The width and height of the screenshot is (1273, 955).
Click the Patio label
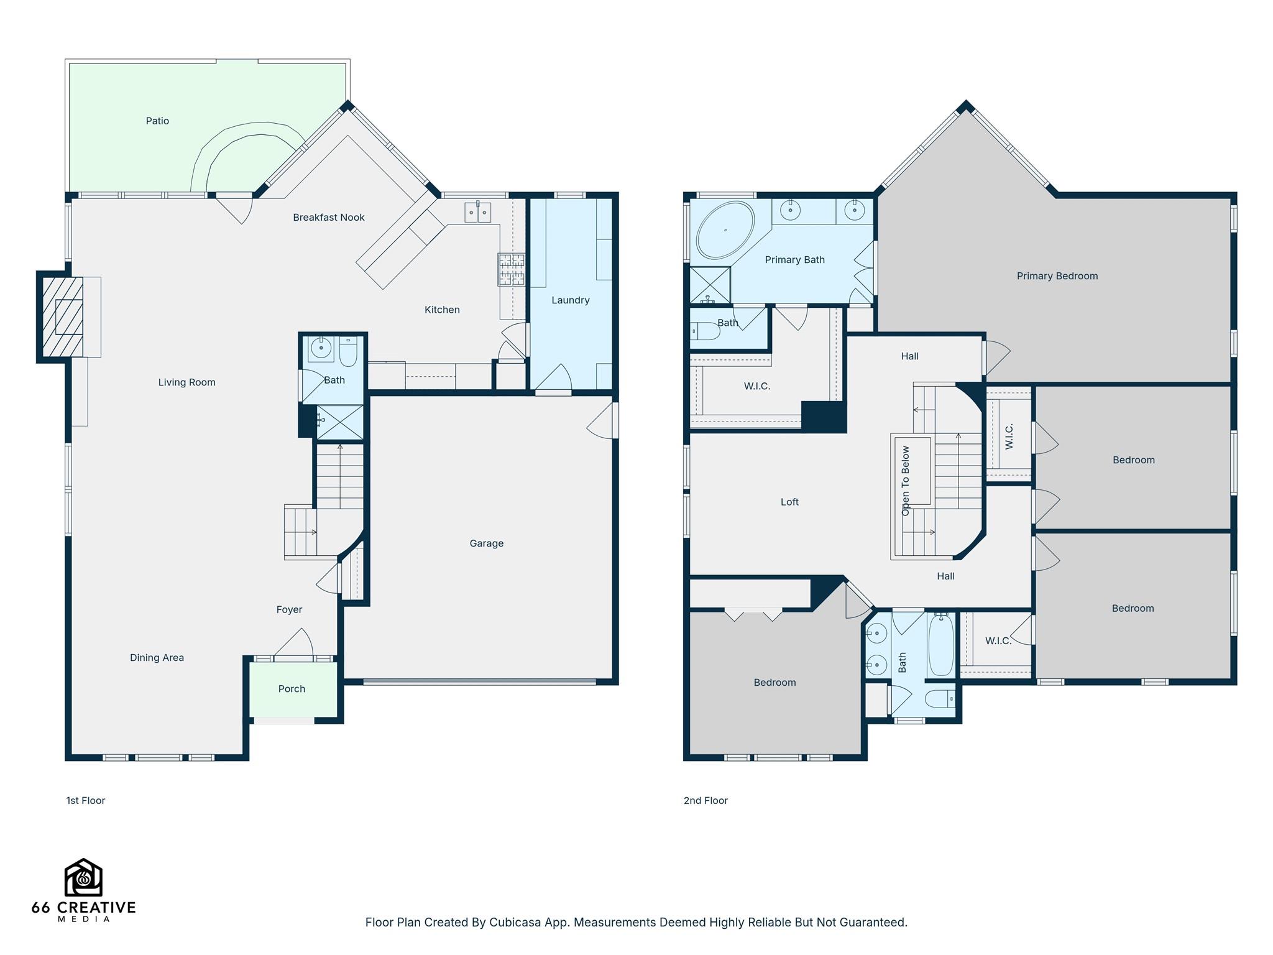click(157, 121)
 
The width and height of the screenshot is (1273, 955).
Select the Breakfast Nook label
click(328, 218)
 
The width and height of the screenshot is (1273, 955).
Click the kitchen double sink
click(478, 213)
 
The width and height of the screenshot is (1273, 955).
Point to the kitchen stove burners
click(511, 269)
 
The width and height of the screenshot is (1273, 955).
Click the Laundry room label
click(570, 300)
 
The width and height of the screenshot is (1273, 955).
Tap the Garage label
click(486, 543)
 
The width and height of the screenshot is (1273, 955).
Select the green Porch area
click(292, 689)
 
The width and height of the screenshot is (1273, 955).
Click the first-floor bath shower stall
click(340, 422)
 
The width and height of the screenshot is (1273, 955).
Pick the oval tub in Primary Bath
click(725, 230)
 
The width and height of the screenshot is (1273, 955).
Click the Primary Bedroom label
click(1057, 276)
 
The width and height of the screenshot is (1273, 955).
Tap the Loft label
click(789, 502)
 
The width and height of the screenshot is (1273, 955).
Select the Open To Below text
click(906, 480)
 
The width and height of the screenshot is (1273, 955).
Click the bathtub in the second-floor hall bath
click(941, 645)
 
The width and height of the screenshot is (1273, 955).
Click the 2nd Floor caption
click(705, 801)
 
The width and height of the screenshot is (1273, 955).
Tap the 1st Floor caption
click(86, 801)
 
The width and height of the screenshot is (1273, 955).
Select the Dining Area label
click(157, 658)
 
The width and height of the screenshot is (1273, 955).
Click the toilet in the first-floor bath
click(348, 352)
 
